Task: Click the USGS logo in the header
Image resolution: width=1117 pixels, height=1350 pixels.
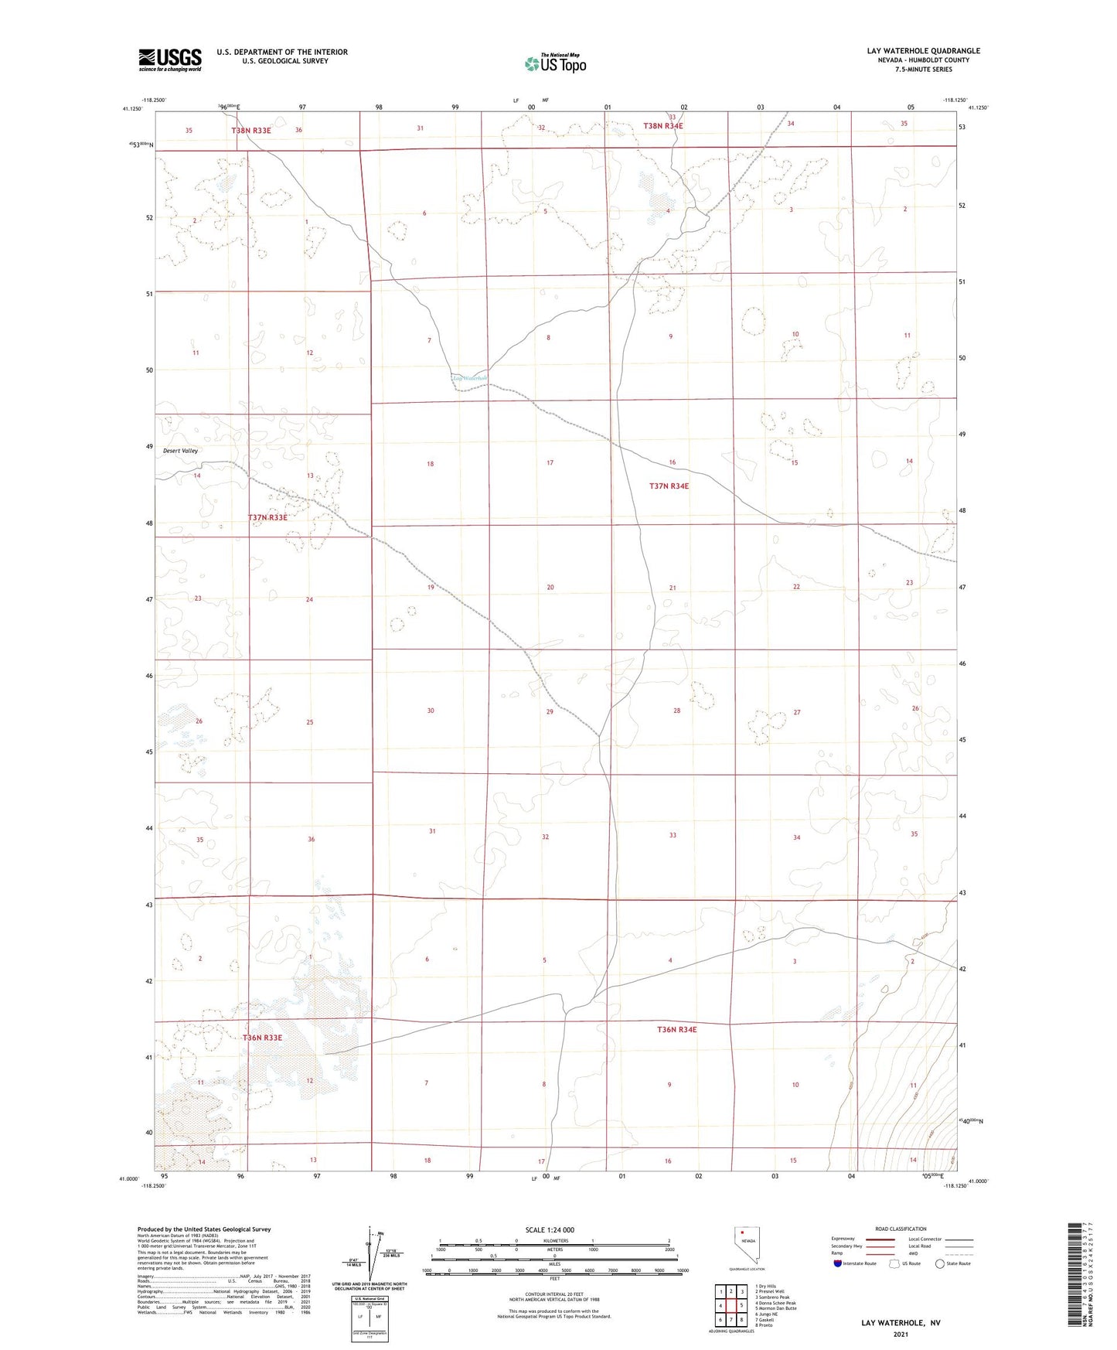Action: [x=169, y=60]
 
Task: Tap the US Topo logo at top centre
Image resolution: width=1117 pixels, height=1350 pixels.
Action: [x=555, y=63]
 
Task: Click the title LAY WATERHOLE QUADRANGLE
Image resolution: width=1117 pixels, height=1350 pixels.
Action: [x=923, y=51]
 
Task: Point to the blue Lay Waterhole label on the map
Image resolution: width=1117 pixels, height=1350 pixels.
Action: [x=471, y=378]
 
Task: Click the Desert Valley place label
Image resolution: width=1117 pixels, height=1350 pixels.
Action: [x=180, y=451]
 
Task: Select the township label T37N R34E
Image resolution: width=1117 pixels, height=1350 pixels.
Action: [x=668, y=486]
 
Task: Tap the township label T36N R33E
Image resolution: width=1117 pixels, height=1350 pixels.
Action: [x=262, y=1038]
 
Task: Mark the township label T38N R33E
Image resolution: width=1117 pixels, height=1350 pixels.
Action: [x=251, y=131]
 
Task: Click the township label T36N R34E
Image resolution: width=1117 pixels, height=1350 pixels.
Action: [x=676, y=1030]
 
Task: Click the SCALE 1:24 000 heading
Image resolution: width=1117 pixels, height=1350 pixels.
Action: [x=550, y=1230]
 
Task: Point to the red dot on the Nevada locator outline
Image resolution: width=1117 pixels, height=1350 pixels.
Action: [x=743, y=1232]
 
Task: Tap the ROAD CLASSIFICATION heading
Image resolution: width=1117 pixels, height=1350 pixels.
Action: [x=901, y=1229]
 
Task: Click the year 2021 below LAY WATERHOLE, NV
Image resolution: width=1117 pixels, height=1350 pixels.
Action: [x=901, y=1334]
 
